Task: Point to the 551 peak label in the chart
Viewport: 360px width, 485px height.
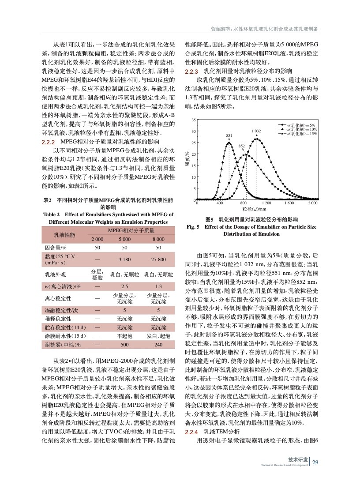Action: (x=229, y=135)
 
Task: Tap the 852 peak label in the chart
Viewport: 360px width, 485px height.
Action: (x=242, y=146)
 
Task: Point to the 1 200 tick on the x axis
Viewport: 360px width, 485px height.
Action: (x=266, y=203)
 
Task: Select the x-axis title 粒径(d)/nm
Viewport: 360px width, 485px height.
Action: (x=255, y=208)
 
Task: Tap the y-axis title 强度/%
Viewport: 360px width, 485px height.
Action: (x=187, y=160)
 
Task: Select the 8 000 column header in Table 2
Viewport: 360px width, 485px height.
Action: (x=158, y=239)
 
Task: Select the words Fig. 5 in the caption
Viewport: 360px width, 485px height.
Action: (x=194, y=227)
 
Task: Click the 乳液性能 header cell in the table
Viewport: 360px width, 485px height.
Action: (x=64, y=234)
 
